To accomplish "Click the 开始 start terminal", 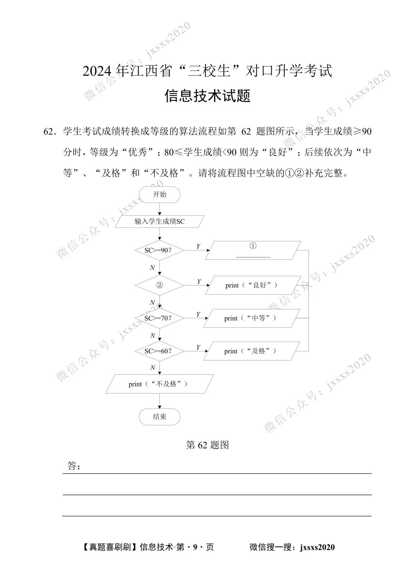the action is point(159,194).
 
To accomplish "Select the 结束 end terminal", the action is point(159,417).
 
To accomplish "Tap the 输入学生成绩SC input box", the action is point(159,221).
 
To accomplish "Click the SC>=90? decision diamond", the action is point(159,250).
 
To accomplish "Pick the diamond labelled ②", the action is point(159,285).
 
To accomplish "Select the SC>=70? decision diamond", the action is point(159,318).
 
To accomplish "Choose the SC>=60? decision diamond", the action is point(159,351).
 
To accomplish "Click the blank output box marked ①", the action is point(253,250).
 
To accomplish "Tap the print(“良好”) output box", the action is point(253,285).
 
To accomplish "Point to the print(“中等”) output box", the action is point(251,318).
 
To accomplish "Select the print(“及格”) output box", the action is point(251,351).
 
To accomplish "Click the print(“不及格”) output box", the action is point(159,384).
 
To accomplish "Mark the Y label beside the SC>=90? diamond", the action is point(198,246).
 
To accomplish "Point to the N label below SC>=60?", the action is point(153,368).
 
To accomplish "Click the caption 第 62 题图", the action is point(207,445).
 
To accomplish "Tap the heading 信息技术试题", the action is point(207,96).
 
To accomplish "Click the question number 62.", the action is point(48,132).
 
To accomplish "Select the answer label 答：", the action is point(73,466).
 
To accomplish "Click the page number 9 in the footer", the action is point(195,547).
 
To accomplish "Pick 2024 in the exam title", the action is point(97,71).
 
